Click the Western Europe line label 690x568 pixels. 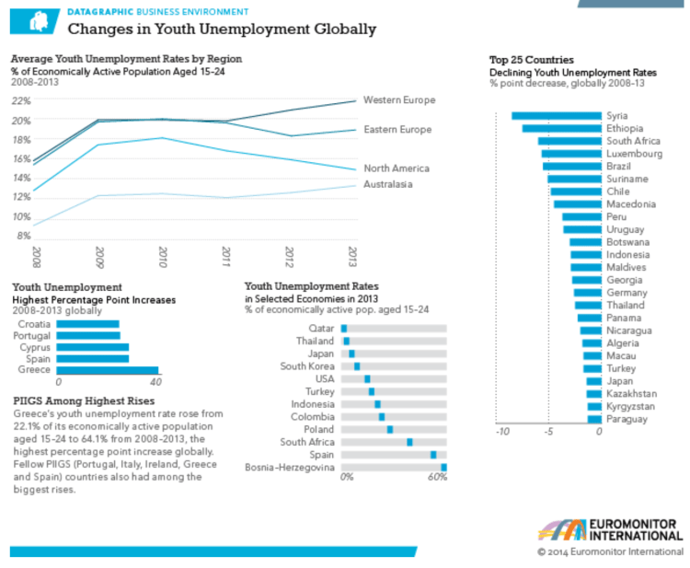pos(399,99)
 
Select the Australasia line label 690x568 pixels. pos(388,184)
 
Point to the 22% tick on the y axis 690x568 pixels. pos(20,100)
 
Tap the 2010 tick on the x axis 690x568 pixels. pos(163,253)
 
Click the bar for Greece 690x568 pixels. pos(109,370)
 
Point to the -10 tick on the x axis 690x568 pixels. pos(501,432)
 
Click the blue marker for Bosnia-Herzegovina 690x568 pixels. pos(443,468)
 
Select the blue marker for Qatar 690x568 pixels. pos(344,329)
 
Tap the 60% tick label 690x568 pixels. pos(437,478)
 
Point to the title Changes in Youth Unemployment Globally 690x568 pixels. pos(222,29)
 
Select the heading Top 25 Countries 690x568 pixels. pos(532,60)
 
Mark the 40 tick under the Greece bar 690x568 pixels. pos(155,382)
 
